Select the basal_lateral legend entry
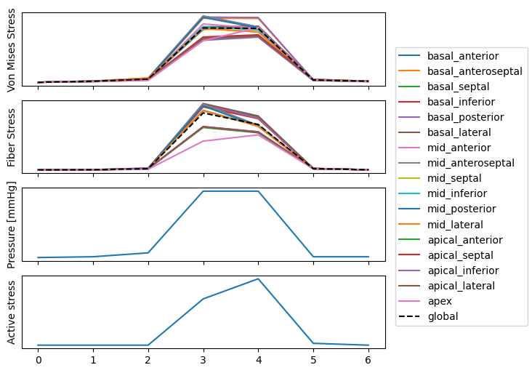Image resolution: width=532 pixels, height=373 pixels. click(459, 132)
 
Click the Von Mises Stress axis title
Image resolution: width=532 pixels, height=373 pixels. click(12, 49)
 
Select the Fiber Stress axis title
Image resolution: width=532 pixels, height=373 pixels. click(12, 137)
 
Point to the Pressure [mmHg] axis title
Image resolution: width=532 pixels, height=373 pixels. click(12, 224)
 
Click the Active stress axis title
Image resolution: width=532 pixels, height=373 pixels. click(12, 311)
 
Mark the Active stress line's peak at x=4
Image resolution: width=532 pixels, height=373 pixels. click(258, 279)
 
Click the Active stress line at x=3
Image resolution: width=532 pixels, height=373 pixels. click(203, 299)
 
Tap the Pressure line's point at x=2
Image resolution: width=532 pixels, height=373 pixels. click(148, 253)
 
